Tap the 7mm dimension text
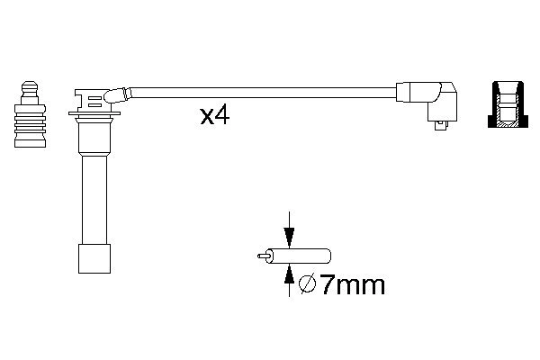point(352,285)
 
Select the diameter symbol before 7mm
point(306,285)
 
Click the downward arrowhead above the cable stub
point(288,238)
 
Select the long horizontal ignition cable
point(261,90)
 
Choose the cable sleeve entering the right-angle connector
point(406,91)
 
